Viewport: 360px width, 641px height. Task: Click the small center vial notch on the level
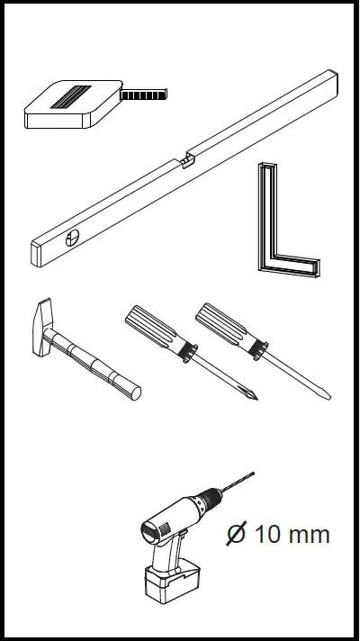[x=185, y=160]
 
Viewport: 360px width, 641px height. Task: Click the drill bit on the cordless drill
[x=238, y=483]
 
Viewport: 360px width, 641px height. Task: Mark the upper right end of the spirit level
[x=331, y=81]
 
